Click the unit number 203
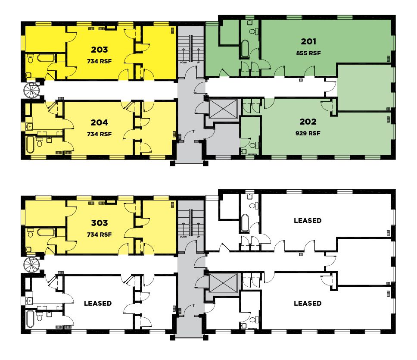pos(100,50)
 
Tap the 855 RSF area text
pos(308,53)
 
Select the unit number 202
pos(308,122)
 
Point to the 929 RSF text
pos(308,133)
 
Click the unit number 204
pos(100,122)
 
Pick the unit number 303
pos(100,223)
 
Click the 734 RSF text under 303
pos(99,235)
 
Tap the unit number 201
pos(308,41)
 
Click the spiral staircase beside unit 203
pos(31,91)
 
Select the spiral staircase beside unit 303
pos(31,265)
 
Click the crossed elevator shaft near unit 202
pos(223,108)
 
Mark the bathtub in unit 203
pos(46,58)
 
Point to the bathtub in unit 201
pos(245,48)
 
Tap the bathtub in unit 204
pos(30,145)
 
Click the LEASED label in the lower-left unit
pos(98,304)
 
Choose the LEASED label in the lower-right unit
pos(308,304)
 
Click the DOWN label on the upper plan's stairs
pos(183,63)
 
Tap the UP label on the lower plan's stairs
pos(198,237)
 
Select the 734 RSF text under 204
pos(99,134)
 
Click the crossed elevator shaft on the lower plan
pos(223,282)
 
